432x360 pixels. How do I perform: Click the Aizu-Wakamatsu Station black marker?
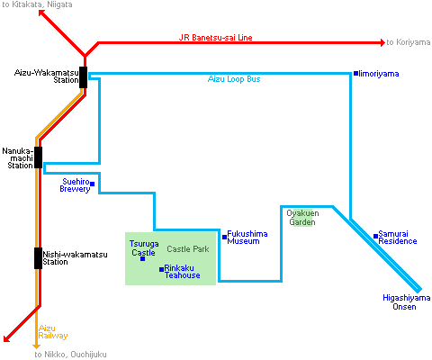click(x=83, y=77)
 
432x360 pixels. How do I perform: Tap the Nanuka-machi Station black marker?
click(x=38, y=157)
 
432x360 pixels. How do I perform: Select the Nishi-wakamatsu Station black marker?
click(x=38, y=258)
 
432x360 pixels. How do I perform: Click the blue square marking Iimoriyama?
click(x=355, y=73)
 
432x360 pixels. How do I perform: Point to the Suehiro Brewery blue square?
click(x=93, y=184)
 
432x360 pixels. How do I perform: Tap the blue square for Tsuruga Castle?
click(x=143, y=258)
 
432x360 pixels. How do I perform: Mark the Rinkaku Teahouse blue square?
click(x=161, y=269)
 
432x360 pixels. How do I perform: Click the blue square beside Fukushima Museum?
click(x=224, y=237)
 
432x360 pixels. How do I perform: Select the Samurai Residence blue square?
click(x=375, y=237)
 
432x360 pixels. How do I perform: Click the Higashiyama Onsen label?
click(x=407, y=302)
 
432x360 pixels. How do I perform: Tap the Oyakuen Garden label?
click(x=302, y=218)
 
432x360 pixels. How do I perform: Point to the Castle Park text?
click(x=188, y=249)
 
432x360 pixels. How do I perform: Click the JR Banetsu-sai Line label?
click(x=215, y=38)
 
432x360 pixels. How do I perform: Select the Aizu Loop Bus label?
click(x=234, y=79)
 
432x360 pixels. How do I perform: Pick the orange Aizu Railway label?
click(x=53, y=332)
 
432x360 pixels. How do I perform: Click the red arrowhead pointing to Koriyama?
click(x=382, y=42)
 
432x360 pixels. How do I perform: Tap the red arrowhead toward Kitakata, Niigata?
click(x=41, y=13)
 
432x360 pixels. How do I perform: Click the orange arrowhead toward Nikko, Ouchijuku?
click(x=36, y=346)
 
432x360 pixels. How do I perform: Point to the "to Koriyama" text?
click(x=409, y=42)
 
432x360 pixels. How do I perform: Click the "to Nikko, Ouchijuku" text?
click(x=70, y=355)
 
